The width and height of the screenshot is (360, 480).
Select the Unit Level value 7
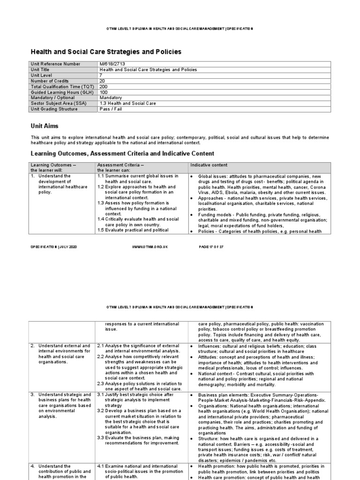click(x=101, y=75)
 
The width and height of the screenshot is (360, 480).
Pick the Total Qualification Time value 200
click(x=104, y=86)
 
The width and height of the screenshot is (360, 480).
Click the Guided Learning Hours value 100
click(x=104, y=92)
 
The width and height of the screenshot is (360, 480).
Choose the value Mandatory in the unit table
click(x=111, y=97)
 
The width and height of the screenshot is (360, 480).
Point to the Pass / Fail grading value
click(x=111, y=109)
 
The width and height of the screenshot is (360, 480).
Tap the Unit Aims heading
click(x=45, y=126)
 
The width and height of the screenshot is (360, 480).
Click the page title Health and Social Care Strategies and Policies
click(x=105, y=52)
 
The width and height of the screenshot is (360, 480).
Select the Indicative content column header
click(x=209, y=165)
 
